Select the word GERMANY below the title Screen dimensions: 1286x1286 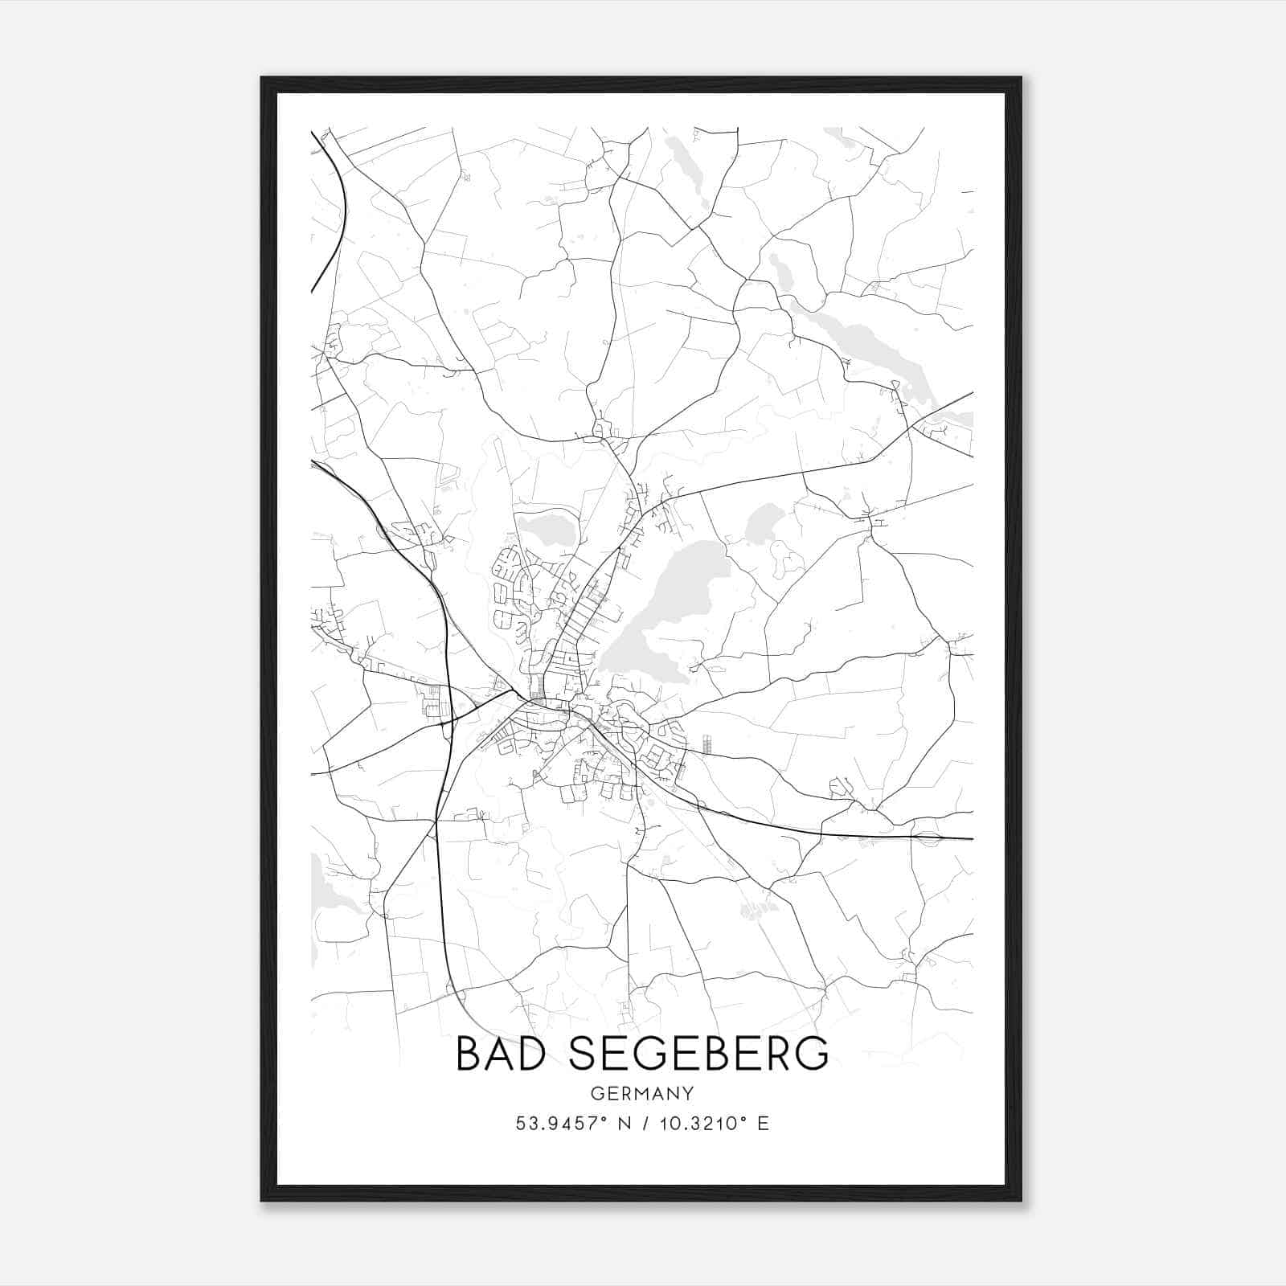click(642, 1094)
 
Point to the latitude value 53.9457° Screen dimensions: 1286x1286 click(558, 1124)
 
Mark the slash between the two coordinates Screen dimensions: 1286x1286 click(645, 1124)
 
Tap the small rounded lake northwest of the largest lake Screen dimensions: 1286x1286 click(547, 531)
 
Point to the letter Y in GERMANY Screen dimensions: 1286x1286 click(688, 1094)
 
